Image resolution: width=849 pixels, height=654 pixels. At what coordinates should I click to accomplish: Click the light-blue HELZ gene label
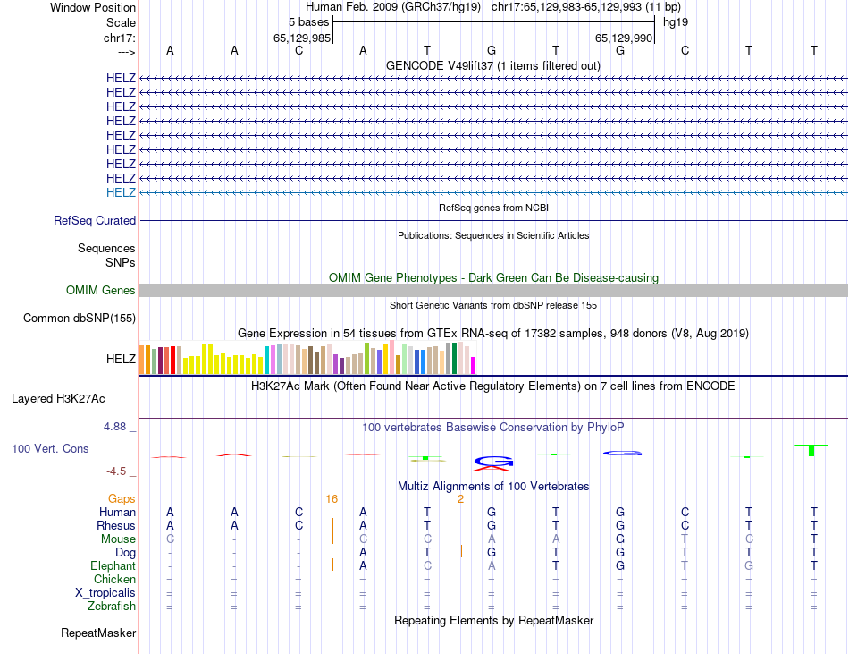pos(121,192)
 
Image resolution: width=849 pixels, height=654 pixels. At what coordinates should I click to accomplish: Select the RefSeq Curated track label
pos(95,220)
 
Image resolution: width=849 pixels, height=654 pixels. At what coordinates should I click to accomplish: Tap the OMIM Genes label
pos(101,290)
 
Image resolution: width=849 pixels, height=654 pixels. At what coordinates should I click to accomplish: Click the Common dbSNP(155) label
pos(80,318)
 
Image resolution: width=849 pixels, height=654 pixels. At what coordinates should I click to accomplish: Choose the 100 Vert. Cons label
pos(50,448)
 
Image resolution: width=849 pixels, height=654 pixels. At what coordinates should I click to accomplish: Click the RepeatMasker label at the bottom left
pos(98,633)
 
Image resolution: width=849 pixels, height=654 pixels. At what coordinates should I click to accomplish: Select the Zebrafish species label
pos(112,607)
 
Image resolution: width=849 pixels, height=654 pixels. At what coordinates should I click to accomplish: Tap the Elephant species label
pos(113,566)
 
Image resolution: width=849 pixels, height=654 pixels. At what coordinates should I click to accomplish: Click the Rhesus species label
pos(117,525)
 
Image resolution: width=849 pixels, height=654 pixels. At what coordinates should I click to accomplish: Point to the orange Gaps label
pos(122,498)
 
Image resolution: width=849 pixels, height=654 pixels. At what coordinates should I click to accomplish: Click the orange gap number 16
pos(332,498)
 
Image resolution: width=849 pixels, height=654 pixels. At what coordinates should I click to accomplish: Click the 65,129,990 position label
pos(622,38)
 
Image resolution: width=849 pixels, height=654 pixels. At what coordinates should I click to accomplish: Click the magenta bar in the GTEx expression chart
pos(474,365)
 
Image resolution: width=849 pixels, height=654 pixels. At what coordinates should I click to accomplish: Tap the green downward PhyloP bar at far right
pos(811,449)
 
